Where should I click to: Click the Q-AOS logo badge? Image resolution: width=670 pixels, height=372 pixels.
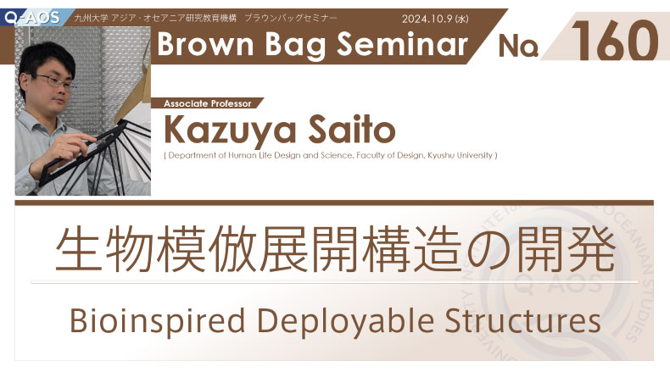(x=33, y=18)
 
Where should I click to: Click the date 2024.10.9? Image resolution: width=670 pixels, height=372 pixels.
(x=427, y=19)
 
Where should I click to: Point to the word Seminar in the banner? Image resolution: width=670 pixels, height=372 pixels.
(x=403, y=44)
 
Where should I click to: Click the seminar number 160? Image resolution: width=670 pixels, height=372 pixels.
(x=614, y=41)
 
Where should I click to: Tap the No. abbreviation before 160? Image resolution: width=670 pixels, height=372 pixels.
(x=518, y=45)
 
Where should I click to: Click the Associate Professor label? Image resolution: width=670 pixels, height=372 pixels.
(x=208, y=103)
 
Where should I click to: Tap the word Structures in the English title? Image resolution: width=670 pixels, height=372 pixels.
(x=523, y=320)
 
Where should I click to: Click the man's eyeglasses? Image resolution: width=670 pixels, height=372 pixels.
(x=54, y=81)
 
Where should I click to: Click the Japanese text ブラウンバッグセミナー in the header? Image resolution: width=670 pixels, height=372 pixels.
(x=291, y=18)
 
